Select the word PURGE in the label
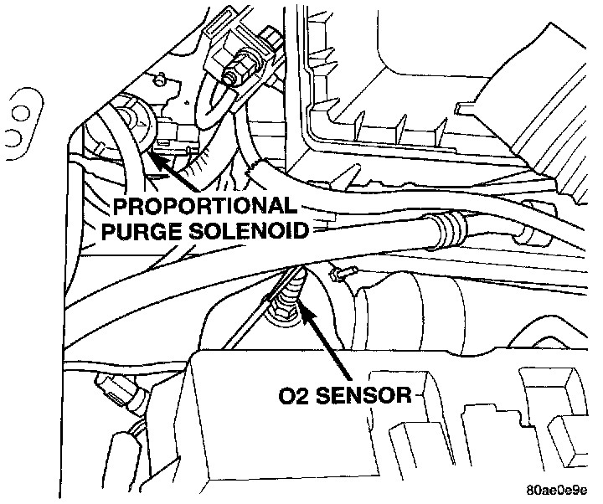(137, 230)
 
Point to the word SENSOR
(365, 393)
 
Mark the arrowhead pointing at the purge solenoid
(156, 147)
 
